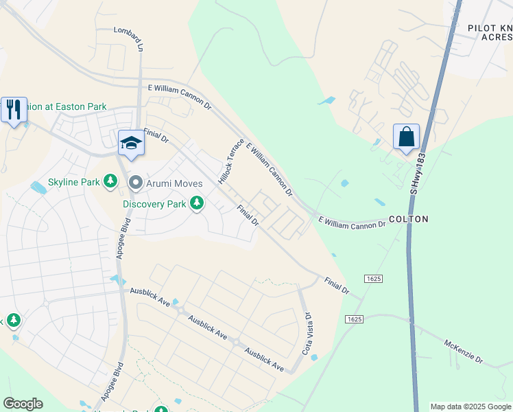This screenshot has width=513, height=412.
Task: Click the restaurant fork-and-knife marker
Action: [x=14, y=110]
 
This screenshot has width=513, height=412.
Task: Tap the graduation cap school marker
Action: [x=131, y=143]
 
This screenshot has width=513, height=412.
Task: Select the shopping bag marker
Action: [x=406, y=136]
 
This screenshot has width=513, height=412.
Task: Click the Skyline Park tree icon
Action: [x=110, y=182]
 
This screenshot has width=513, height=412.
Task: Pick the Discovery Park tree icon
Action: [x=197, y=203]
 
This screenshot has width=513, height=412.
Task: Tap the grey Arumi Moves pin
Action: [x=135, y=183]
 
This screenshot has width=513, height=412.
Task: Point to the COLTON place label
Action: [x=408, y=219]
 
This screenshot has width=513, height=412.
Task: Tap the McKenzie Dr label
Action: [x=464, y=351]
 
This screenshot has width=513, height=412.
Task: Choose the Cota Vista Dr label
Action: [x=308, y=334]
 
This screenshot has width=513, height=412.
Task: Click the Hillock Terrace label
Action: [x=231, y=162]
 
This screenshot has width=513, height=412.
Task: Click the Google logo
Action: [x=23, y=404]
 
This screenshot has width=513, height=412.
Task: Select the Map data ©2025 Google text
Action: [x=470, y=407]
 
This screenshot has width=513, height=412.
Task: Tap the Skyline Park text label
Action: [x=74, y=183]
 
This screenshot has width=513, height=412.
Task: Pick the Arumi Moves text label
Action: [x=174, y=183]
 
